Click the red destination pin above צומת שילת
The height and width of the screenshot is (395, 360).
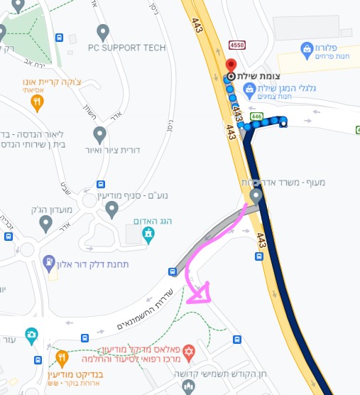point(231,65)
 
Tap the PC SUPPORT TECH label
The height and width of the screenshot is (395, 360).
point(126,48)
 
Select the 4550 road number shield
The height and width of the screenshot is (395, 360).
point(237,45)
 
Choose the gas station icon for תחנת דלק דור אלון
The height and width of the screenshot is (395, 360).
point(48,263)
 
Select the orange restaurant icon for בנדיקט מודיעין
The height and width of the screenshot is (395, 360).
point(62,357)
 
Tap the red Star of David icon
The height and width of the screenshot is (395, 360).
point(188,352)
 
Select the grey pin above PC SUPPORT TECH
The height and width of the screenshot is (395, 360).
point(103,31)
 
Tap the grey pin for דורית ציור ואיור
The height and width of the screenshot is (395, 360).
point(100,134)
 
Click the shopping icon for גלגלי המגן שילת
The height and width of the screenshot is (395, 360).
point(249,90)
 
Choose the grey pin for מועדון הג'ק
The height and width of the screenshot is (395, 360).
point(46,224)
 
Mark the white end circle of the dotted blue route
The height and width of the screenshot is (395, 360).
point(283,124)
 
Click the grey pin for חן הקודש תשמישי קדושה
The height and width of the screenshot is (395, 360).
point(188,386)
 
